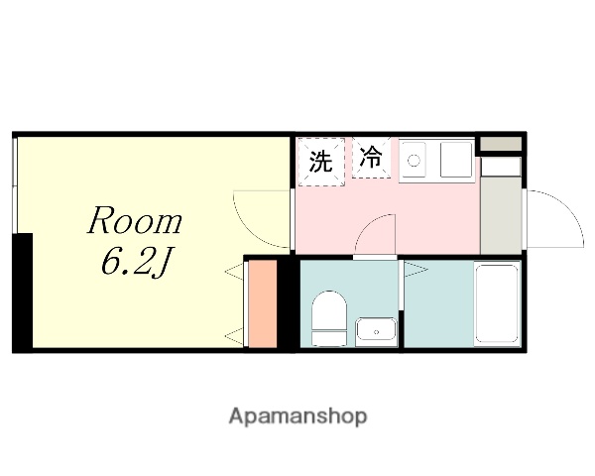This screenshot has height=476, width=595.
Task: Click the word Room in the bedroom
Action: click(135, 221)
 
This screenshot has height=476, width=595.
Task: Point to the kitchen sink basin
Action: click(455, 160)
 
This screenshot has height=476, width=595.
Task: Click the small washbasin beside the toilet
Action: click(375, 330)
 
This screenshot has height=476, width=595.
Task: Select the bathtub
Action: click(496, 302)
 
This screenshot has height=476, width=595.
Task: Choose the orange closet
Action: click(260, 303)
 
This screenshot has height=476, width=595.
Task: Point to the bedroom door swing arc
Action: click(260, 218)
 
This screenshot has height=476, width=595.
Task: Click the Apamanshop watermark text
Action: click(297, 416)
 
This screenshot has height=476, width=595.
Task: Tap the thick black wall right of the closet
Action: click(286, 303)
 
